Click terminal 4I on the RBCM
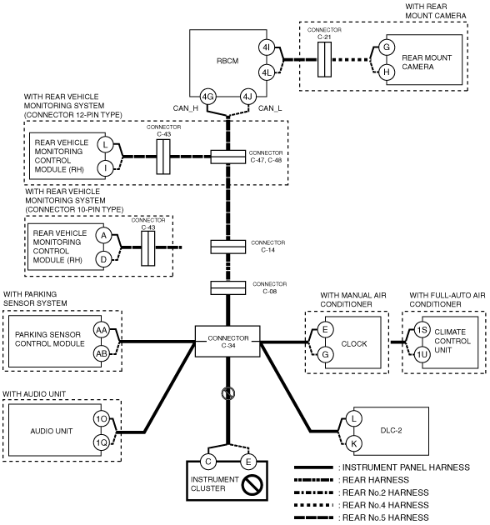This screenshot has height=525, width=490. point(267,47)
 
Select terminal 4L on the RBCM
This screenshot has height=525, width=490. point(267,72)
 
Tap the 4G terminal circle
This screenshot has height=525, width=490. point(207,97)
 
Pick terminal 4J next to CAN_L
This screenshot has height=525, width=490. point(247,97)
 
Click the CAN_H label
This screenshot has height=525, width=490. point(186,108)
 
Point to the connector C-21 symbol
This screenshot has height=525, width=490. point(324,59)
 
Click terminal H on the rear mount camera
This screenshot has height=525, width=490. point(387,72)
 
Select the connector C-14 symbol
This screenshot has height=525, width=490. point(228,247)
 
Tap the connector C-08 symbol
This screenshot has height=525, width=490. point(228,288)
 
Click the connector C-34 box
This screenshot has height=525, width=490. point(227,341)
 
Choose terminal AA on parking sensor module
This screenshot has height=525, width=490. point(102,331)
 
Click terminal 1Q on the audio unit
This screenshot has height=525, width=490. point(102,443)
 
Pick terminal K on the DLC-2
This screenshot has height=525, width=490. point(353,444)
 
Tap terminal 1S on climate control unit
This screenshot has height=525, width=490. point(422,330)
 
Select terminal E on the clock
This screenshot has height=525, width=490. point(325,330)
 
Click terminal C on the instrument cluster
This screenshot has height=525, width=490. point(208,462)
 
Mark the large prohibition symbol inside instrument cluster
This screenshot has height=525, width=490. point(252,485)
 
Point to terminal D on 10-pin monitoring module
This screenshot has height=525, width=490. point(103,259)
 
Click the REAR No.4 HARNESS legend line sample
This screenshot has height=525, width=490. point(313,505)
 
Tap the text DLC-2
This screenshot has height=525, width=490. point(391,430)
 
